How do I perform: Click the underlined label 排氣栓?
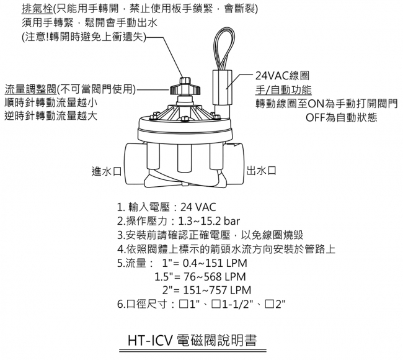click(x=37, y=10)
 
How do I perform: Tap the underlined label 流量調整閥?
click(x=29, y=88)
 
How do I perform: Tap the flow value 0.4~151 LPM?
click(x=208, y=262)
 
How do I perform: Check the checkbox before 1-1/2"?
click(x=216, y=304)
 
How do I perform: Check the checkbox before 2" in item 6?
click(x=269, y=304)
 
